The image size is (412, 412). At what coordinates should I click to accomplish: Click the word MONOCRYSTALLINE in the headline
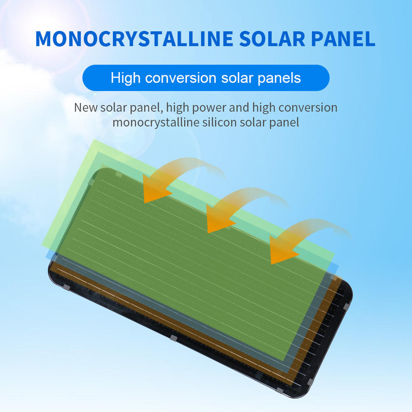pyautogui.click(x=134, y=39)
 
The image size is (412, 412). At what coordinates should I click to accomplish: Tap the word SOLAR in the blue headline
pyautogui.click(x=272, y=39)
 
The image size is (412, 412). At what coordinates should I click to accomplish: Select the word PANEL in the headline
pyautogui.click(x=343, y=39)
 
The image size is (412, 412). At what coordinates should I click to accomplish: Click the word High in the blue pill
pyautogui.click(x=126, y=78)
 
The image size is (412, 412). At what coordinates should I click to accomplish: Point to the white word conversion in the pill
pyautogui.click(x=181, y=78)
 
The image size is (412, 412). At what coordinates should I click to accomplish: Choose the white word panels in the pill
pyautogui.click(x=279, y=78)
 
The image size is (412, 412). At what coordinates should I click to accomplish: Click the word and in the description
pyautogui.click(x=239, y=107)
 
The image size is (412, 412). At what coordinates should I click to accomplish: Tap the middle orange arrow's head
pyautogui.click(x=218, y=220)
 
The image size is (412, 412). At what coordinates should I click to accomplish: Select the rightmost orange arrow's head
pyautogui.click(x=282, y=251)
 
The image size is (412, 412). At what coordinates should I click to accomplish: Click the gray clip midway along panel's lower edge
pyautogui.click(x=173, y=338)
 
